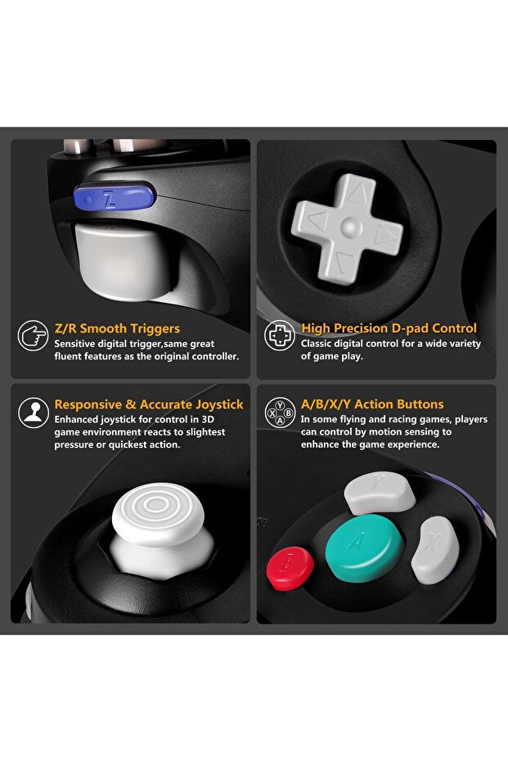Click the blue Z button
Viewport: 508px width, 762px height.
(x=115, y=196)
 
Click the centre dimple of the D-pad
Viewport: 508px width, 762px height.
(x=351, y=227)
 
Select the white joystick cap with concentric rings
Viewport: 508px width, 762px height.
(x=159, y=512)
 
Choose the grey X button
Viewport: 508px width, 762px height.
(x=435, y=550)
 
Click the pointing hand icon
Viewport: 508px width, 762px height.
(x=33, y=336)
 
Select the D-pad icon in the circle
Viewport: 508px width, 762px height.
(x=280, y=336)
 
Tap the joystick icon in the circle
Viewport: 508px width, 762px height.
(x=33, y=413)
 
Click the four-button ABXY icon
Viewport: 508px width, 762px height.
(x=280, y=413)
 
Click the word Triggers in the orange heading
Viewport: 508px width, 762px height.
(x=155, y=329)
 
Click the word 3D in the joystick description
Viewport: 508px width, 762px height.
(x=207, y=419)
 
